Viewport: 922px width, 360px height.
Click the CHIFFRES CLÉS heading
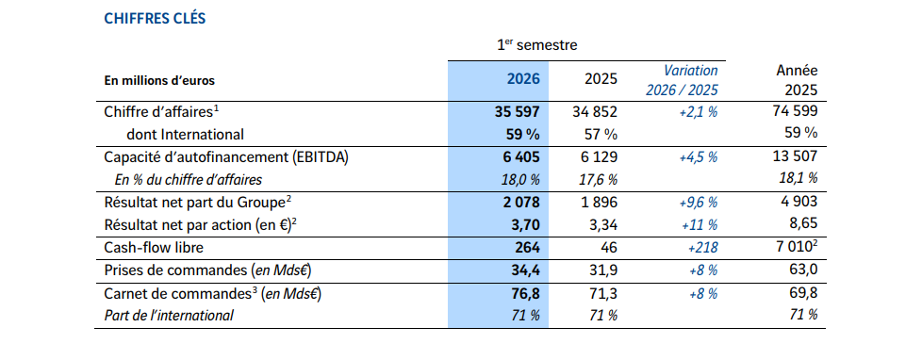155,19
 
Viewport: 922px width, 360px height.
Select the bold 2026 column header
522,79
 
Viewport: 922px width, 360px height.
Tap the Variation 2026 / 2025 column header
683,80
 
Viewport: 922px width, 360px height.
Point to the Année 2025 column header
797,80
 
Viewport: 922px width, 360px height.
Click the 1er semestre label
536,45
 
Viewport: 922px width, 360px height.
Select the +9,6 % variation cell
699,203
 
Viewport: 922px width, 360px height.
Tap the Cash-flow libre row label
154,248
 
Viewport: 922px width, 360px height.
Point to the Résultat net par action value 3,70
522,224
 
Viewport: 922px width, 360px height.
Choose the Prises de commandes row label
207,270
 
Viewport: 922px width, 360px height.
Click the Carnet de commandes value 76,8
522,293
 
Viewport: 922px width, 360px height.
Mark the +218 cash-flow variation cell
702,248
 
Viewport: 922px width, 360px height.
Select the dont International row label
185,134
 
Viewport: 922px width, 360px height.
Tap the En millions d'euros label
159,81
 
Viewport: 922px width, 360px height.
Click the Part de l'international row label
169,316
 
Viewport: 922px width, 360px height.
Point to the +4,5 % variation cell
699,156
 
